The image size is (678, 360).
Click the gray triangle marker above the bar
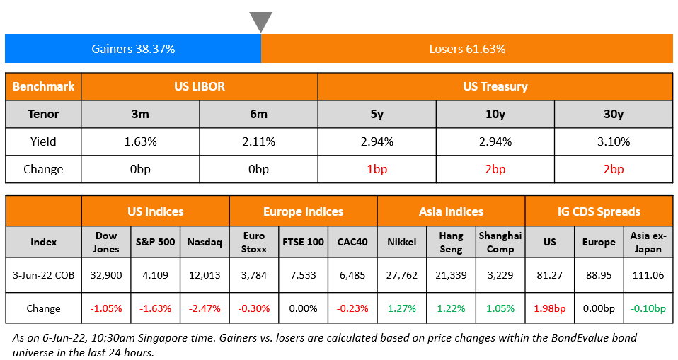(260, 21)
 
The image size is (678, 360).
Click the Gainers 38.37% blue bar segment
(133, 49)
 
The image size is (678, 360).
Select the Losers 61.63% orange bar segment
(467, 49)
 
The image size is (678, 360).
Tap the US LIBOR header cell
(200, 86)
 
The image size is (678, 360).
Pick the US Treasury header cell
(495, 86)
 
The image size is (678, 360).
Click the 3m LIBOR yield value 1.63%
(140, 141)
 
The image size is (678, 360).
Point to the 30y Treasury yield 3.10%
(613, 141)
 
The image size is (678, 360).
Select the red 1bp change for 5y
(377, 169)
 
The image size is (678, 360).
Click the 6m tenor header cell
(258, 114)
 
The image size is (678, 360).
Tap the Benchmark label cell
(44, 86)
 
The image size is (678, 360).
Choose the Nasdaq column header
(205, 242)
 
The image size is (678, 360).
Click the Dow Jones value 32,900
(105, 274)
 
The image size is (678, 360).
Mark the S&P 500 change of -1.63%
(155, 308)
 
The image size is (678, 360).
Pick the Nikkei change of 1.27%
(401, 308)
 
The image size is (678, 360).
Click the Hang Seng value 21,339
(451, 274)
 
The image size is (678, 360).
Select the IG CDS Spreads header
(599, 211)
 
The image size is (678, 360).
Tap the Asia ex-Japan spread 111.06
(648, 274)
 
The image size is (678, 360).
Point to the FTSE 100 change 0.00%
(303, 308)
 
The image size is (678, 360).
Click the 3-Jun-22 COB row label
(44, 274)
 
